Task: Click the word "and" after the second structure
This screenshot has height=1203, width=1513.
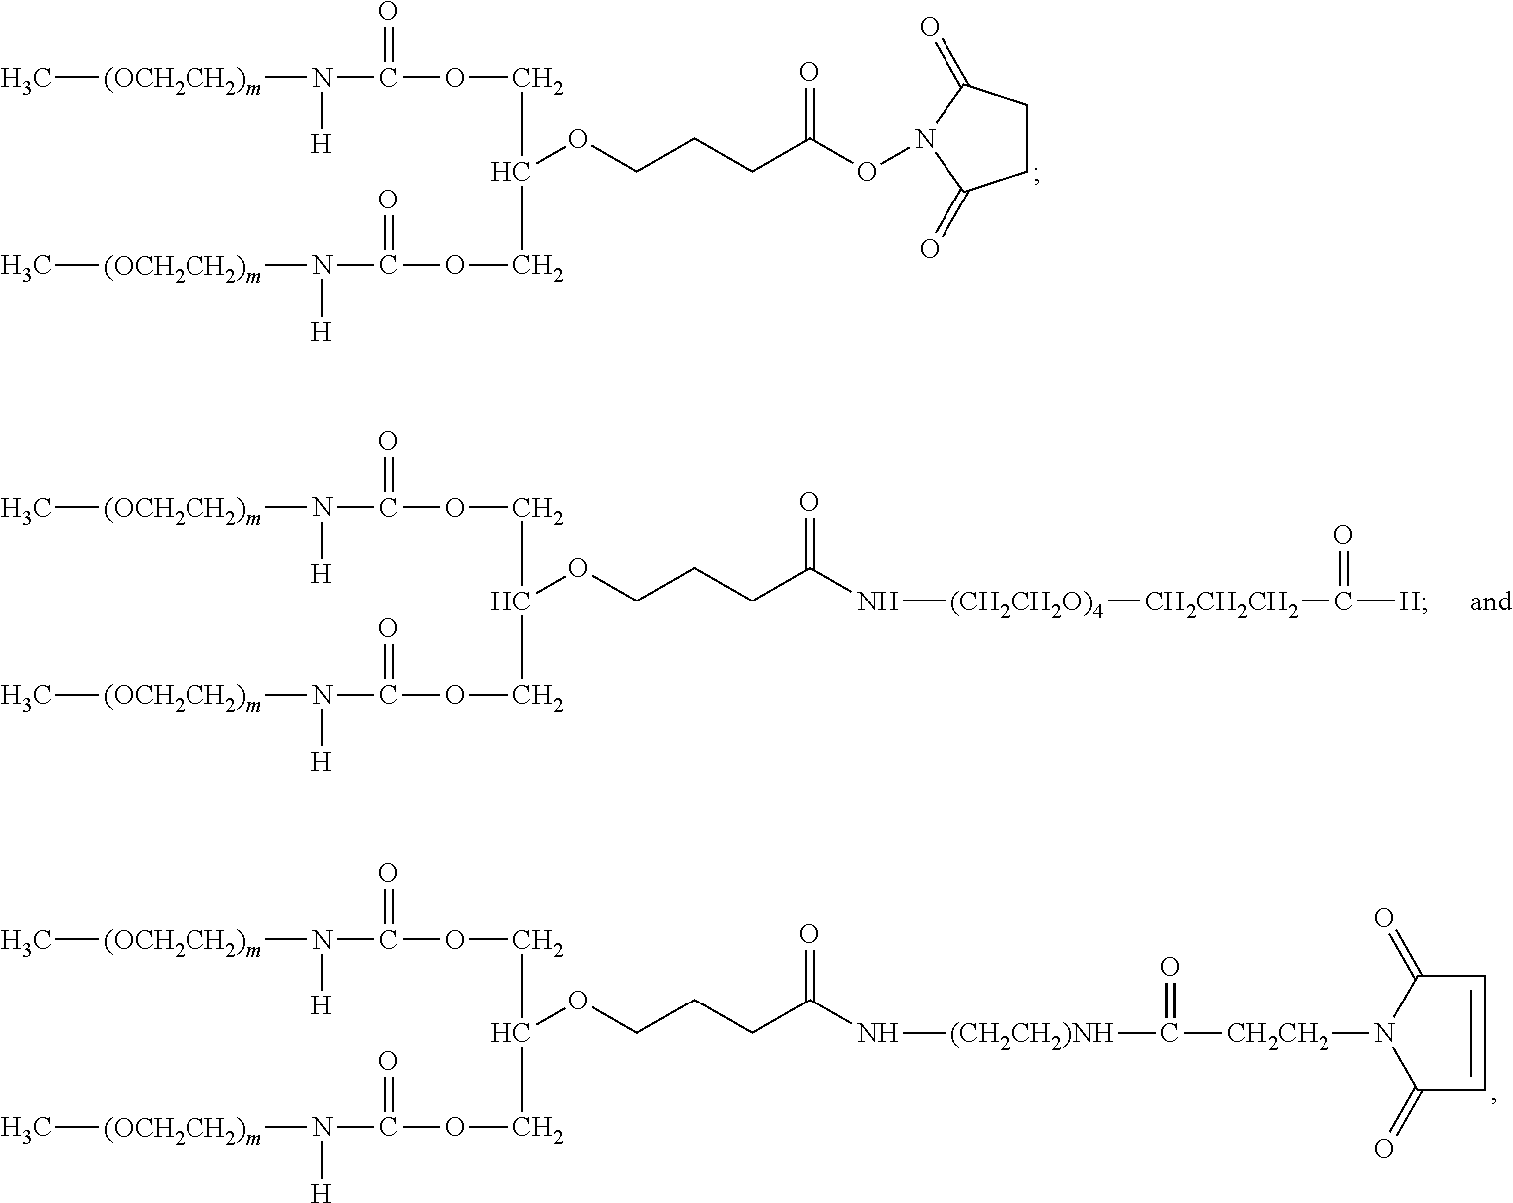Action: click(x=1490, y=601)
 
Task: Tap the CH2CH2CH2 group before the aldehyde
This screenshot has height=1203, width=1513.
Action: click(x=1221, y=603)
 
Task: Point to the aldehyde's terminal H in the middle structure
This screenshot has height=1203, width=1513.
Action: click(x=1410, y=601)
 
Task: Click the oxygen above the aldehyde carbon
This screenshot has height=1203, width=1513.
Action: click(x=1343, y=536)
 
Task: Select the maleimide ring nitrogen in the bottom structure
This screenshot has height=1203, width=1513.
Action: click(x=1382, y=1034)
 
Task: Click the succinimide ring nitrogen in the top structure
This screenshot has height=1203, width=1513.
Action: click(x=927, y=139)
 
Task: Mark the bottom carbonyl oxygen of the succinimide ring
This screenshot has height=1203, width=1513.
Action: click(x=929, y=248)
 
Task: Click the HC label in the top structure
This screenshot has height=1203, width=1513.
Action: click(x=509, y=173)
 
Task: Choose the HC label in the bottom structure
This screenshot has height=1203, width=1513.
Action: click(x=509, y=1034)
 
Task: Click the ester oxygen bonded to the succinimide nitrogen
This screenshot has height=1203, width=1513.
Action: click(x=866, y=172)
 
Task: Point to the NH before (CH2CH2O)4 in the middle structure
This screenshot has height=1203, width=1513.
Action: click(x=877, y=602)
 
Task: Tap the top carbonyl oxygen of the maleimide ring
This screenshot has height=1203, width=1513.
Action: click(x=1383, y=918)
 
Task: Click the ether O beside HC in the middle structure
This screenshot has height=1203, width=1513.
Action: click(x=577, y=569)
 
